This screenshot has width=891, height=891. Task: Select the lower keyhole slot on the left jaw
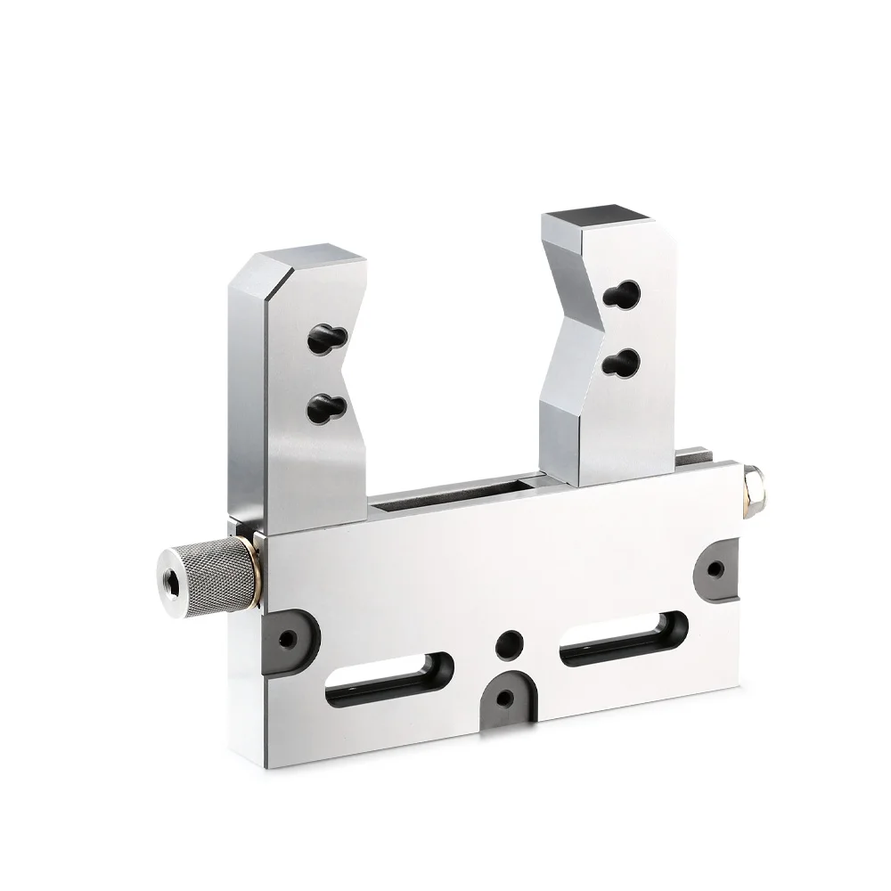point(322,407)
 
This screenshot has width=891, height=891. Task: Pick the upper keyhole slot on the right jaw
point(623,293)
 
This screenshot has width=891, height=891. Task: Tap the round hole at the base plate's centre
point(511,641)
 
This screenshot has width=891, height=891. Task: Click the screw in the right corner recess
point(714,568)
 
